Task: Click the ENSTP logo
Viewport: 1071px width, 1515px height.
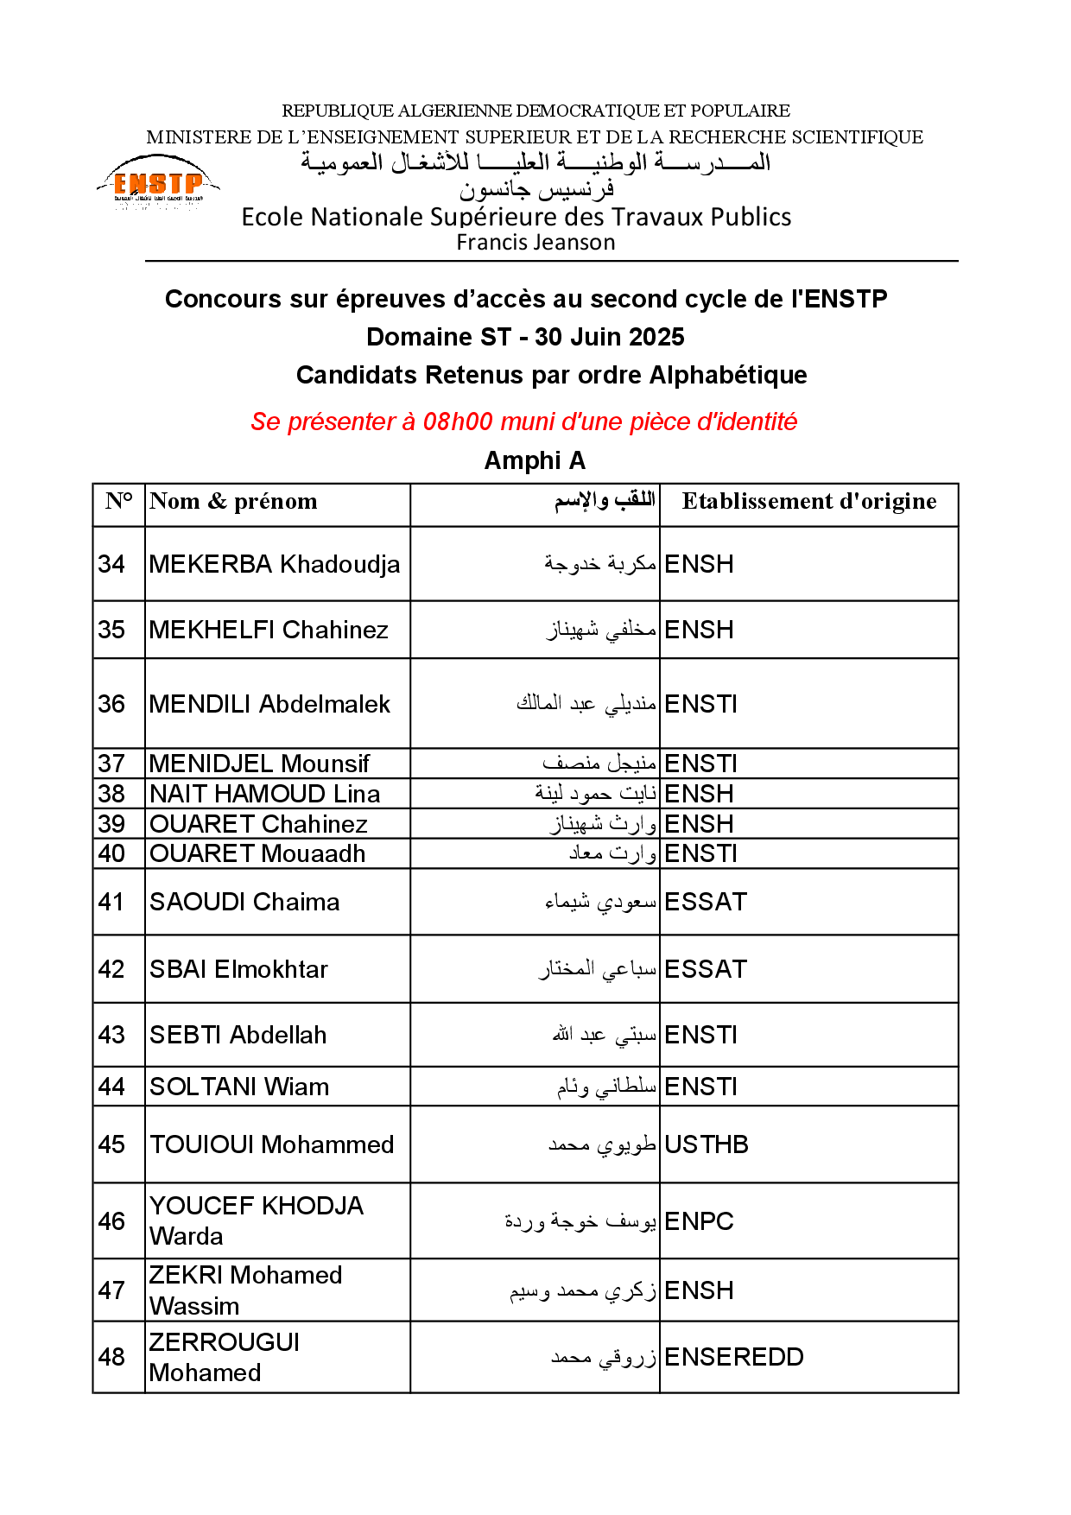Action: point(158,184)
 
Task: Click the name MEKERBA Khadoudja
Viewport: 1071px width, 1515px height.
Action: point(275,564)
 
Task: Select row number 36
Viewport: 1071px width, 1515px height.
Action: point(111,704)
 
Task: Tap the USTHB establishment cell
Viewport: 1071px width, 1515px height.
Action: point(707,1144)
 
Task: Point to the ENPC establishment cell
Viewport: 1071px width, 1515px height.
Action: point(699,1221)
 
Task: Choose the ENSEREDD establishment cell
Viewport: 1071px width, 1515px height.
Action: point(734,1357)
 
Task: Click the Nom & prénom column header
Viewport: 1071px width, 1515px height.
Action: point(233,502)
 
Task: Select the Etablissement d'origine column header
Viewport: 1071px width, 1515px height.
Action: point(809,502)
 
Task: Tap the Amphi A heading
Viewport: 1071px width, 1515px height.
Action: point(535,461)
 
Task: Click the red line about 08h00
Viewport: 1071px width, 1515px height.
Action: point(523,422)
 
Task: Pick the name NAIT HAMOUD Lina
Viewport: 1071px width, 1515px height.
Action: point(264,794)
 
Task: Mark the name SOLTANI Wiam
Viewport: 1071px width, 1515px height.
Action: point(239,1087)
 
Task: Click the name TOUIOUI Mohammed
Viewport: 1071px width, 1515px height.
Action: point(271,1144)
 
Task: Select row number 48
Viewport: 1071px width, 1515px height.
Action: point(111,1357)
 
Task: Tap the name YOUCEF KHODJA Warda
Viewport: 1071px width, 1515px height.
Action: point(256,1220)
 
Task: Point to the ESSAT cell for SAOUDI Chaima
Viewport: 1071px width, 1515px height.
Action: point(706,902)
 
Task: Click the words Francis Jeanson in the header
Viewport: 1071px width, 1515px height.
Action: point(535,243)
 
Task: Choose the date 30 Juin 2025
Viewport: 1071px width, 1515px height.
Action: point(610,337)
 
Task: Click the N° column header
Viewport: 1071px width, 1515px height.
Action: point(119,502)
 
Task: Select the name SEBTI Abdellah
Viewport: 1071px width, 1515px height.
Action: point(238,1035)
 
